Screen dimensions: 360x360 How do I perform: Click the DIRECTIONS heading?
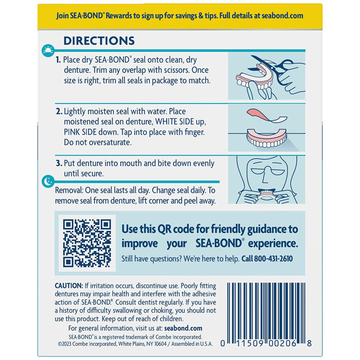pos(99,41)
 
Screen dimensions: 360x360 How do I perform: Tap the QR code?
pos(87,242)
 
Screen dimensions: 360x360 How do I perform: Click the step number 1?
pos(58,60)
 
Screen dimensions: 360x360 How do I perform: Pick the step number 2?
pos(58,111)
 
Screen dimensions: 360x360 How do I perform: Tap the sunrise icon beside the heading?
pos(47,49)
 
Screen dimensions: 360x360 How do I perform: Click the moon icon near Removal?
pos(47,181)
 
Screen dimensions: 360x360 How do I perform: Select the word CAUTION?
pos(69,285)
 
